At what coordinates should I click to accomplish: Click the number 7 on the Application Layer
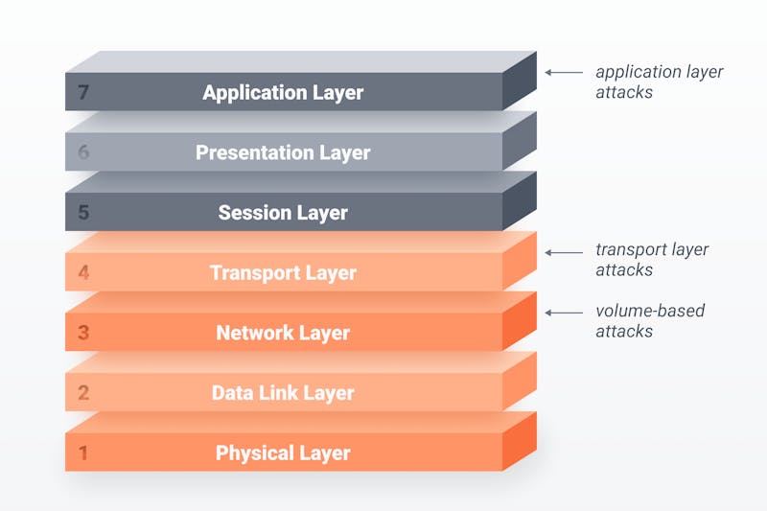[83, 92]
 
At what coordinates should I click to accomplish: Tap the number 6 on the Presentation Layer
[83, 152]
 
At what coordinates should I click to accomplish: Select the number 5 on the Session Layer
[83, 212]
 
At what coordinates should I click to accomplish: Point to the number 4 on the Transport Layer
[83, 272]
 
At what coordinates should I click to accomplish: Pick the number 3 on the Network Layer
[83, 333]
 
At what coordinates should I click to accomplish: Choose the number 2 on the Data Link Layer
[83, 393]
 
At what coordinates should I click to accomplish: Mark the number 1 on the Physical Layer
[83, 453]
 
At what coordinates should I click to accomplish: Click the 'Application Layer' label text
[283, 93]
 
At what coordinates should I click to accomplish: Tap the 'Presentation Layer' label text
[283, 153]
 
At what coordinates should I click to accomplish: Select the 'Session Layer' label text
[283, 213]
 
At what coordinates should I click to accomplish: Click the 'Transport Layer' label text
[283, 273]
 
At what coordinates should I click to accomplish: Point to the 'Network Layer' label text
[283, 334]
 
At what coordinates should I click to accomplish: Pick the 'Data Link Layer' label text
[283, 394]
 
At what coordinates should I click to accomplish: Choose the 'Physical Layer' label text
[283, 453]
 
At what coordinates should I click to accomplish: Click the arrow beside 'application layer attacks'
[564, 72]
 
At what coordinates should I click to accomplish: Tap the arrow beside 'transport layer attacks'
[564, 253]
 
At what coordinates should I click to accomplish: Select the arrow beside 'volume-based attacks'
[564, 313]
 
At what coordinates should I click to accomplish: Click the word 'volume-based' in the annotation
[650, 311]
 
